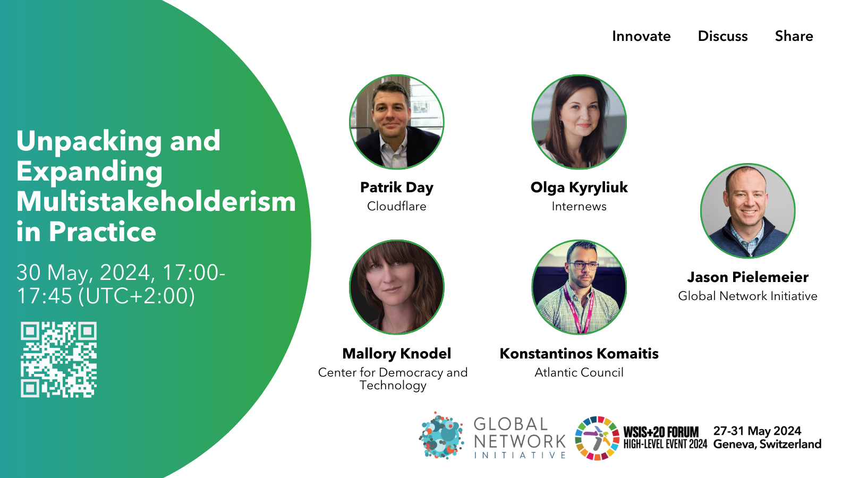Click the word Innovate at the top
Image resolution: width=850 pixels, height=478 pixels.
641,36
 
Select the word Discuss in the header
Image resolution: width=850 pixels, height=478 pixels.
723,36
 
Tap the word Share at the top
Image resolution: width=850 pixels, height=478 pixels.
794,36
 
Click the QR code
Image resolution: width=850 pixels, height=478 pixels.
58,360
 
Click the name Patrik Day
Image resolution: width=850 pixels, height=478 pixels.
396,188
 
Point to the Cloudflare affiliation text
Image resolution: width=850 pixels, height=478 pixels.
396,206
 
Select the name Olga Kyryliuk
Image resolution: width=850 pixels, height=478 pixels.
579,188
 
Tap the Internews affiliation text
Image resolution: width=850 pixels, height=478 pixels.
579,206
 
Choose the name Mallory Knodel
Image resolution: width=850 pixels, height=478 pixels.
396,354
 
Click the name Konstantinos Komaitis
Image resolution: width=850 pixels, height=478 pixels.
579,354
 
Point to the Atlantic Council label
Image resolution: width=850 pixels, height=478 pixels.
579,372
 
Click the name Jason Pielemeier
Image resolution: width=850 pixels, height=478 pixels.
747,277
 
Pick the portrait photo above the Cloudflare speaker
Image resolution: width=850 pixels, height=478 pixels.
396,122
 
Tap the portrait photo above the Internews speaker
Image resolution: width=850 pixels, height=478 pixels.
579,122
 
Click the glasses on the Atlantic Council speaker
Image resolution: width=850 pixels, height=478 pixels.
582,266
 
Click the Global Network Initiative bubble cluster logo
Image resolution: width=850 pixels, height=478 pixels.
441,436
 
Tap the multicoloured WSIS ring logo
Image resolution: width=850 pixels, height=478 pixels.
597,438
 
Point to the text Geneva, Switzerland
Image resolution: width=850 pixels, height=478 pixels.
767,444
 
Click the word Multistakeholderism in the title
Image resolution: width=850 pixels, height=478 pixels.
156,201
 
